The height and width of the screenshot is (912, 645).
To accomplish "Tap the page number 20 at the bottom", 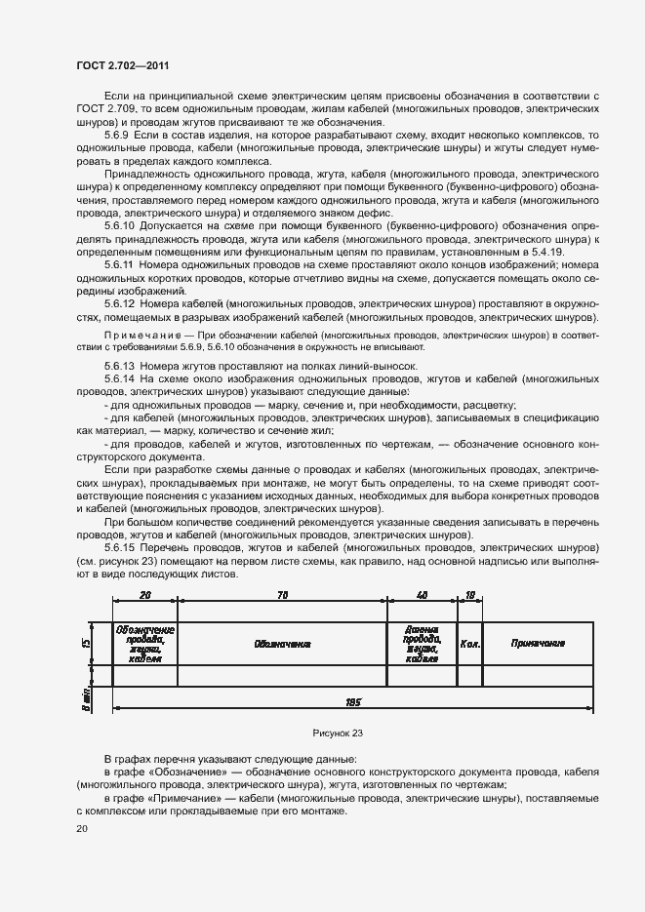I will [x=81, y=829].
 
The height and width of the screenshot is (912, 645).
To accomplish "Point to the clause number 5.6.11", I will [x=120, y=263].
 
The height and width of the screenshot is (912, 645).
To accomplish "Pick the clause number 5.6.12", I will [x=120, y=303].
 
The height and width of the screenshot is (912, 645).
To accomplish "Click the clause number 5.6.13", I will [x=120, y=365].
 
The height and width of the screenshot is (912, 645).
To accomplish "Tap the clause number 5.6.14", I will [x=120, y=377].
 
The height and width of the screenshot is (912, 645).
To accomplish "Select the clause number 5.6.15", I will [x=120, y=550].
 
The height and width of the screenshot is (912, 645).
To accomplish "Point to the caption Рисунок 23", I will [x=338, y=733].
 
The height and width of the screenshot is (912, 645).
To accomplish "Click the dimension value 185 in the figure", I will [x=352, y=701].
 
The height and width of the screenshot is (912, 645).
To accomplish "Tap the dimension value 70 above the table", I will [x=282, y=594].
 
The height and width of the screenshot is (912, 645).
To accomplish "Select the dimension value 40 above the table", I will [x=422, y=594].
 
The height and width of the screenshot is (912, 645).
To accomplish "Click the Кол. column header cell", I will [x=469, y=644].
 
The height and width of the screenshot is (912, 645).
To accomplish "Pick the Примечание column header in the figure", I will [x=538, y=644].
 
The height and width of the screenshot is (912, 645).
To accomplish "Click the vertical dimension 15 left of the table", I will [x=86, y=644].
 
